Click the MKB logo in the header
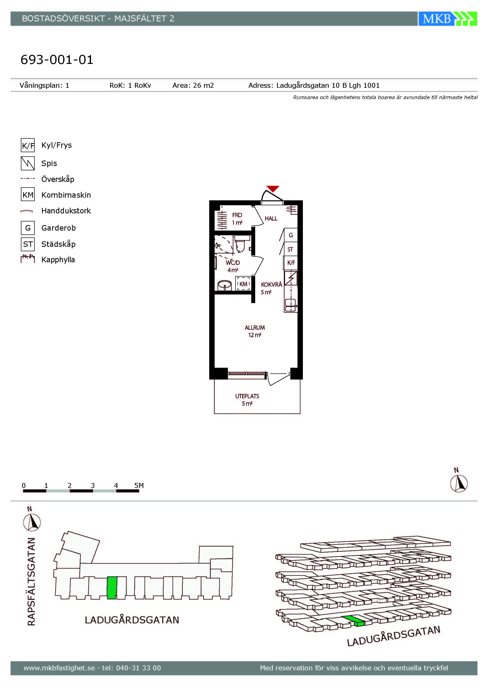pyautogui.click(x=447, y=19)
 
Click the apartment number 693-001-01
pyautogui.click(x=57, y=59)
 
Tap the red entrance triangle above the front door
pyautogui.click(x=273, y=189)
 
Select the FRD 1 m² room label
pyautogui.click(x=237, y=219)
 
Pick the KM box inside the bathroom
pyautogui.click(x=243, y=284)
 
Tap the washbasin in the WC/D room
pyautogui.click(x=224, y=285)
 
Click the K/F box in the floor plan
pyautogui.click(x=291, y=263)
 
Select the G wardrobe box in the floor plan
pyautogui.click(x=291, y=235)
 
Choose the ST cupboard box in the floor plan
pyautogui.click(x=291, y=249)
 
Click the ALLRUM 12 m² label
pyautogui.click(x=254, y=331)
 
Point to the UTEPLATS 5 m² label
pyautogui.click(x=247, y=400)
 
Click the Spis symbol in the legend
pyautogui.click(x=28, y=163)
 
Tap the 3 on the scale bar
pyautogui.click(x=93, y=485)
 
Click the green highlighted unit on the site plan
pyautogui.click(x=112, y=587)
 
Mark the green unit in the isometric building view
pyautogui.click(x=354, y=621)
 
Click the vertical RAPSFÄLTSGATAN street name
pyautogui.click(x=31, y=581)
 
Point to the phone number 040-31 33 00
pyautogui.click(x=138, y=668)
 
